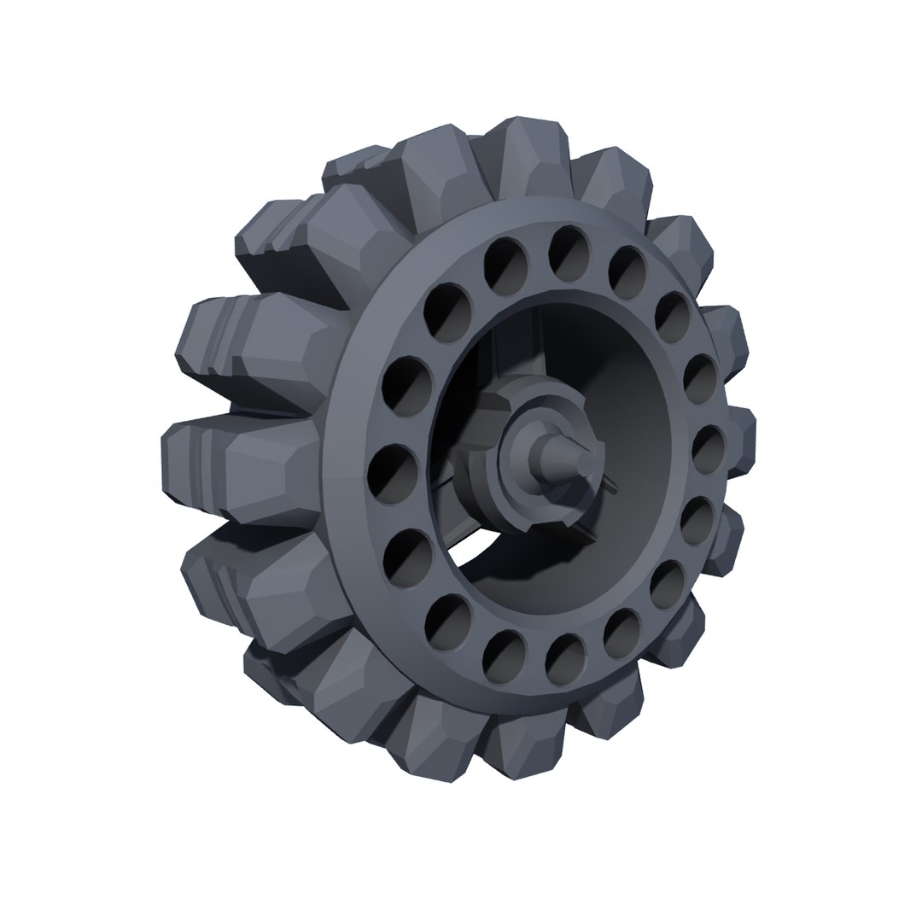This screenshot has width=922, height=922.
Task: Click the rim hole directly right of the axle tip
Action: coord(708,449)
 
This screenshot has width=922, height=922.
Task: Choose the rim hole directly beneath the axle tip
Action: coord(566,660)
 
